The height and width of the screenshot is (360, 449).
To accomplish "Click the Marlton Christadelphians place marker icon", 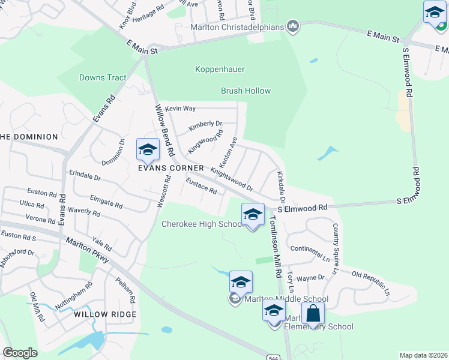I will tap(293, 26).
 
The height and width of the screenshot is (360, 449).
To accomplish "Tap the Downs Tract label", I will tap(103, 78).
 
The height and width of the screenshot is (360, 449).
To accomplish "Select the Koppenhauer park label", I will tap(220, 70).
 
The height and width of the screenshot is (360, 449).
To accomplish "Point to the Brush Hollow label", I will tap(246, 91).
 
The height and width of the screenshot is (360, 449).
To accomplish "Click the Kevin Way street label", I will tap(181, 109).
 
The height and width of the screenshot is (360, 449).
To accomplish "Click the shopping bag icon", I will tap(313, 313).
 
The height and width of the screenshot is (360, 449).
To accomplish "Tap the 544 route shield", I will tap(273, 356).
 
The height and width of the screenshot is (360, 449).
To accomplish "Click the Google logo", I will tap(20, 353).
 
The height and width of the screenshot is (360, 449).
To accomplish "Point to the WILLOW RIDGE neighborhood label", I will tap(105, 314).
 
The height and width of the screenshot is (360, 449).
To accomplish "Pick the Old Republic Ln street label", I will tap(370, 284).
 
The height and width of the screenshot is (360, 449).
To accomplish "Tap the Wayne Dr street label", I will tap(310, 278).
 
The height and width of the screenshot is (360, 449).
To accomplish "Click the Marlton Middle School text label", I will tap(286, 299).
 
